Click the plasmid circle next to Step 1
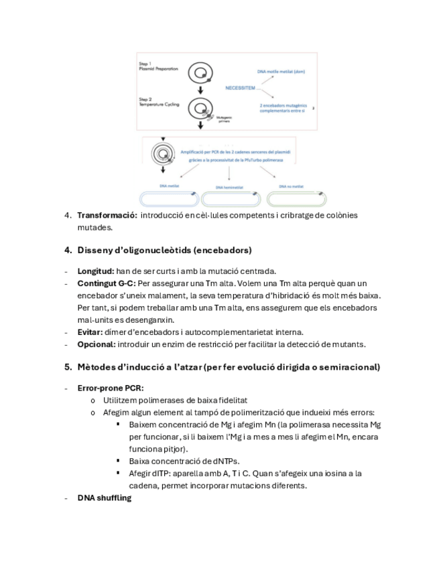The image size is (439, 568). coord(200,72)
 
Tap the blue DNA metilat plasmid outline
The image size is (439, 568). coord(168,198)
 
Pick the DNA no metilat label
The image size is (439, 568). coord(293,186)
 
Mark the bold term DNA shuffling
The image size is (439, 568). coord(104,498)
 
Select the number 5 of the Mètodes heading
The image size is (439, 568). coord(67,367)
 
